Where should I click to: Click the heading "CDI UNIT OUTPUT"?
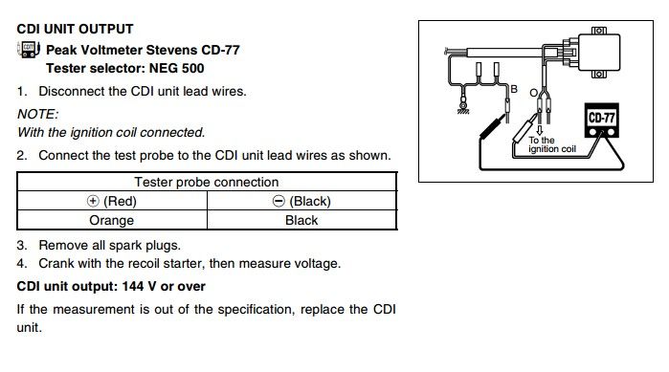click(75, 29)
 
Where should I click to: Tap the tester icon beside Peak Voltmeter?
click(29, 50)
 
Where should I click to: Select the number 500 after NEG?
click(192, 68)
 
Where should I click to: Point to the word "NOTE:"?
click(37, 114)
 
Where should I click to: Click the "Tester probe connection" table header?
click(207, 182)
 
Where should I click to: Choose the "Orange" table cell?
click(111, 220)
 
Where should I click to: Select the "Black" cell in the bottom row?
click(301, 220)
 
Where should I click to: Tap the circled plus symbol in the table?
click(93, 201)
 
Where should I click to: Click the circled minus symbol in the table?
click(279, 201)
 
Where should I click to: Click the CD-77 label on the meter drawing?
click(601, 118)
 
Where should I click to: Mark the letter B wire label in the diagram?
click(514, 89)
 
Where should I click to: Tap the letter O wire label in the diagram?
click(533, 93)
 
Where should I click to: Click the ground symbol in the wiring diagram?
click(463, 107)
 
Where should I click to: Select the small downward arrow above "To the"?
click(539, 130)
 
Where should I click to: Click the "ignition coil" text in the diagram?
click(552, 149)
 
